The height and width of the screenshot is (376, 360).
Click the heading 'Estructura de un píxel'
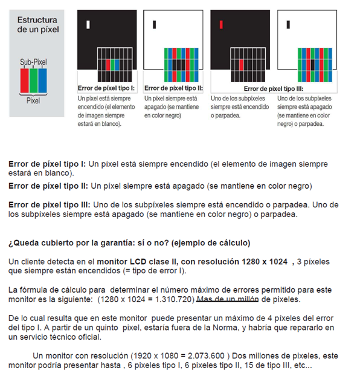click(38, 24)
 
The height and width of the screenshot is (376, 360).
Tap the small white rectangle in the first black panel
click(88, 25)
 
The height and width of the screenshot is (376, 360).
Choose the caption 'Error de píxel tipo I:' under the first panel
click(106, 88)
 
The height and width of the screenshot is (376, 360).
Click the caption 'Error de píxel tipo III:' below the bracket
click(268, 88)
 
